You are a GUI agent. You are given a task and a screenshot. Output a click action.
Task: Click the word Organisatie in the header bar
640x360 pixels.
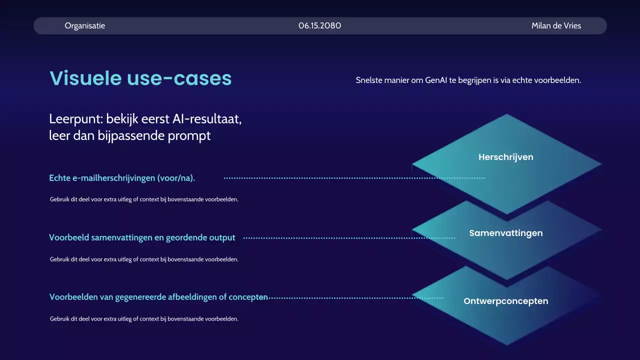[x=85, y=25]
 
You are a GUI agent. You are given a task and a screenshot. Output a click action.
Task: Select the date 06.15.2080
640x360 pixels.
[x=320, y=25]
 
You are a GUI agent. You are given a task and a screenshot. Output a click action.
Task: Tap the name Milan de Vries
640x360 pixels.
[x=556, y=25]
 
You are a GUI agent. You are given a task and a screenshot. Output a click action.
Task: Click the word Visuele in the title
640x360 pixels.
[x=85, y=78]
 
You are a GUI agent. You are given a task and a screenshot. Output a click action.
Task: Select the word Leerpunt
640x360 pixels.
[x=74, y=119]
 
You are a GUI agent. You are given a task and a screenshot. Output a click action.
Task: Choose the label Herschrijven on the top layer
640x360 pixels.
[x=506, y=157]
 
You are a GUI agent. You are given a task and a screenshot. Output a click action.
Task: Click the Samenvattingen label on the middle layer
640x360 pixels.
[x=506, y=233]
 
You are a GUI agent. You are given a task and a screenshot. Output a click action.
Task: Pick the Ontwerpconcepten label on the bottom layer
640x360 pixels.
[x=506, y=301]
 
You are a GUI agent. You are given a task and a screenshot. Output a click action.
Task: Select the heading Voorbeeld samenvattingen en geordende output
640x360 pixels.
[x=142, y=237]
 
